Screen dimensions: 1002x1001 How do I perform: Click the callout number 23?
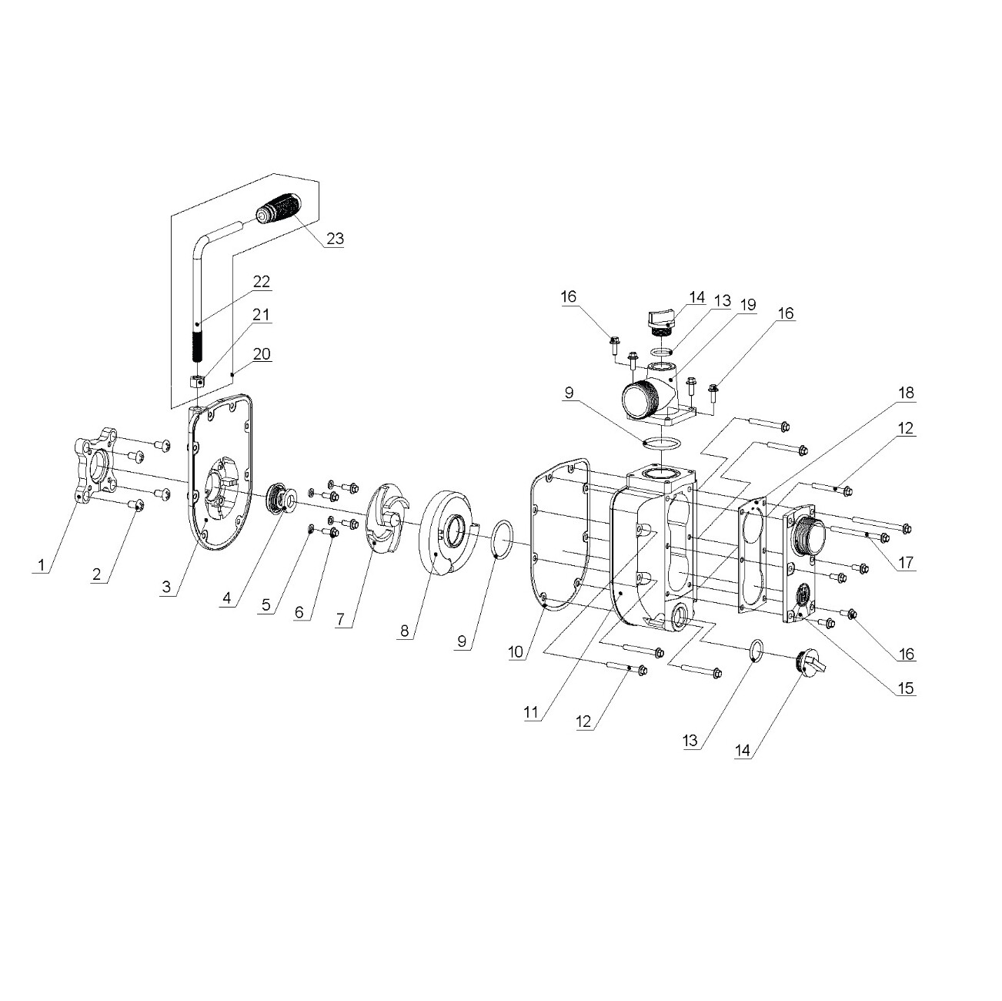pyautogui.click(x=335, y=239)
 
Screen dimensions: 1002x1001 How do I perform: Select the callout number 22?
pyautogui.click(x=262, y=282)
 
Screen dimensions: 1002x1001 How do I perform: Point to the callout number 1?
pyautogui.click(x=41, y=564)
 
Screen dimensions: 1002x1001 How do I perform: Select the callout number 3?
pyautogui.click(x=166, y=588)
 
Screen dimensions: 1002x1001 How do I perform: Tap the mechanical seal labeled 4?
pyautogui.click(x=281, y=498)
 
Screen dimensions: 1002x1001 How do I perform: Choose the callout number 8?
pyautogui.click(x=405, y=631)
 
